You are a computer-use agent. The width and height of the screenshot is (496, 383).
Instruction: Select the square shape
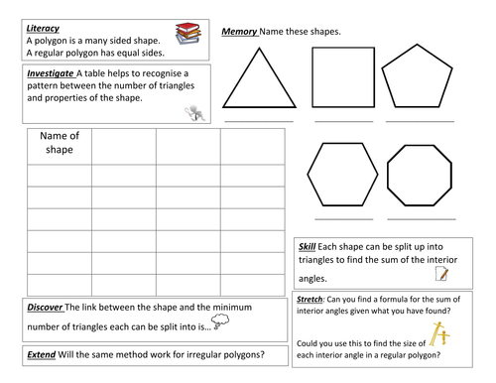click(312, 77)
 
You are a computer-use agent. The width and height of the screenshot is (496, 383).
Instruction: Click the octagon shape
click(387, 176)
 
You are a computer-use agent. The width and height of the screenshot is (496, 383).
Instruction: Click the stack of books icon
click(187, 34)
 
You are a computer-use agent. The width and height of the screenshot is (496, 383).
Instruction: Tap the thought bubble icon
click(220, 321)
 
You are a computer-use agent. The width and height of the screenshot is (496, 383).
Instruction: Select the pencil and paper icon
click(441, 274)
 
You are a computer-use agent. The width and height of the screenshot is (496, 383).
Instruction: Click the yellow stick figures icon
click(439, 334)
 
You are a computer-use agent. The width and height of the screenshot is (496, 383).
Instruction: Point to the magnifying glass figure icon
click(195, 113)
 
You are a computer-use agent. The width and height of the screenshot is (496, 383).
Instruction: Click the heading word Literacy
click(43, 29)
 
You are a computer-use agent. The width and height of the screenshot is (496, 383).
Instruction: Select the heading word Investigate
click(51, 73)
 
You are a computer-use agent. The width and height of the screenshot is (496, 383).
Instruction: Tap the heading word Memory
click(239, 32)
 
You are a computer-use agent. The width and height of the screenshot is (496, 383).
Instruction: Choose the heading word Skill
click(307, 247)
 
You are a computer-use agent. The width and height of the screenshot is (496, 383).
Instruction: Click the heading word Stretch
click(310, 300)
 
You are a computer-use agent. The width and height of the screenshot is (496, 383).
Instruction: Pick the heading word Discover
click(45, 308)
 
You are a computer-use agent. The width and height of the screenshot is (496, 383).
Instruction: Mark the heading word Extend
click(42, 354)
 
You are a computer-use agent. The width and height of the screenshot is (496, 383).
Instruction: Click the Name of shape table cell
click(60, 147)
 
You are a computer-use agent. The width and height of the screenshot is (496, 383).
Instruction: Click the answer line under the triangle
click(259, 122)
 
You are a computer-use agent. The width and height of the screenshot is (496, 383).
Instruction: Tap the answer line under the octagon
click(422, 219)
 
